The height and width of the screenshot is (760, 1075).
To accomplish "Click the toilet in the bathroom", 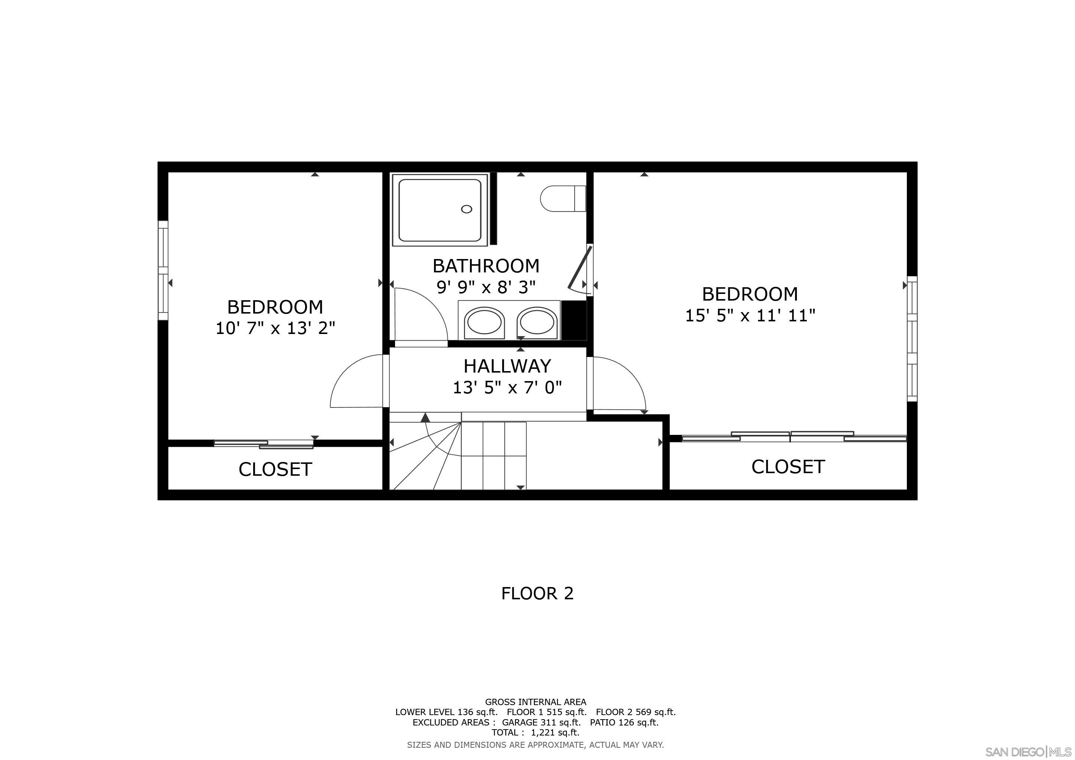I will click(562, 199).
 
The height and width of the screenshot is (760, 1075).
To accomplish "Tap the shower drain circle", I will click(466, 209).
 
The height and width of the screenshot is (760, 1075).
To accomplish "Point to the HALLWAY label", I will click(507, 366).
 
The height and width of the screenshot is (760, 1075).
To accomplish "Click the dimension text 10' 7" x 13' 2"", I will click(275, 328).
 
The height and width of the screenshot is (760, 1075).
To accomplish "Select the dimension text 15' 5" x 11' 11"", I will click(750, 315).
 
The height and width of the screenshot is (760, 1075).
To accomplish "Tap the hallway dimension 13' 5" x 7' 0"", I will click(507, 387).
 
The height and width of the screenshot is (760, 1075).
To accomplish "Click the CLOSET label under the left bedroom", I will click(275, 469).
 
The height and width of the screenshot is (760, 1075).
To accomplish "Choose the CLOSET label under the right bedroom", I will click(788, 466).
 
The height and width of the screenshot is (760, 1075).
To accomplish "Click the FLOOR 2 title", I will click(537, 593).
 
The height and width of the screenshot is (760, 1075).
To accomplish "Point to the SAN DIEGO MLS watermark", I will click(1029, 751).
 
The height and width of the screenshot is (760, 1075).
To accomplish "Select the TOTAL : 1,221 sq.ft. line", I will click(535, 733).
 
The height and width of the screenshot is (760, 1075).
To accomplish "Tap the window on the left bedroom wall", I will click(163, 271).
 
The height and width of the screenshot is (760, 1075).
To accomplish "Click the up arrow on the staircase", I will click(425, 417).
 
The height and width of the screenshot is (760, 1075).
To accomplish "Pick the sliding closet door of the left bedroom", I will click(264, 444).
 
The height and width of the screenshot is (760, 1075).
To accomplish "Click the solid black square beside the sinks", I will click(574, 320).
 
